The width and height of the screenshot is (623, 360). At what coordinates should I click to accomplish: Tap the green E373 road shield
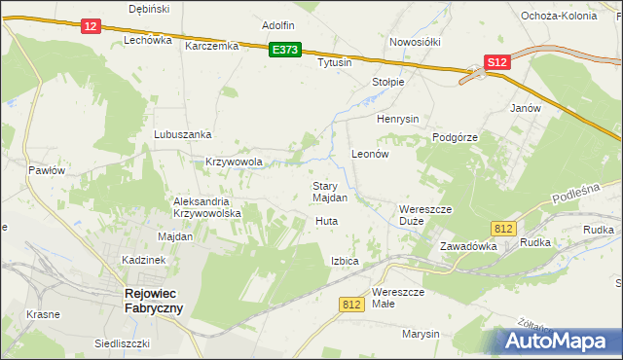pyautogui.click(x=285, y=50)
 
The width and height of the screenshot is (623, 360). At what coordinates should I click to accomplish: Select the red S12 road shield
pyautogui.click(x=496, y=62)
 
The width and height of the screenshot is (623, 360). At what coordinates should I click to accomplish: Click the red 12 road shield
pyautogui.click(x=90, y=26)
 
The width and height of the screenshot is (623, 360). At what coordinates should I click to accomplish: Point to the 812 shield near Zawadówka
pyautogui.click(x=502, y=228)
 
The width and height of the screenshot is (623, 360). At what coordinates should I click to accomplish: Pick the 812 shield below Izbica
pyautogui.click(x=352, y=305)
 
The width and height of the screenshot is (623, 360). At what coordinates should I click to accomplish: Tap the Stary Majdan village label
pyautogui.click(x=330, y=192)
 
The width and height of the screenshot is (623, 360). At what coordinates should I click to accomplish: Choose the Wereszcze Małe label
pyautogui.click(x=398, y=298)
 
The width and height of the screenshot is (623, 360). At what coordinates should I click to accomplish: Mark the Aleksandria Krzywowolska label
pyautogui.click(x=200, y=206)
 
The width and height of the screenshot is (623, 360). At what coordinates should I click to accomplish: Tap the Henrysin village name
pyautogui.click(x=397, y=119)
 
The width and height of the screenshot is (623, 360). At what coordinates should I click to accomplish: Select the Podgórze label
pyautogui.click(x=455, y=137)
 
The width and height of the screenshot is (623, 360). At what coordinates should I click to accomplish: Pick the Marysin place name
pyautogui.click(x=421, y=334)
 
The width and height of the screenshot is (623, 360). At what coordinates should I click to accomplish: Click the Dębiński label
pyautogui.click(x=149, y=9)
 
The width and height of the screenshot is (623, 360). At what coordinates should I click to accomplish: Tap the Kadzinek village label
pyautogui.click(x=144, y=261)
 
